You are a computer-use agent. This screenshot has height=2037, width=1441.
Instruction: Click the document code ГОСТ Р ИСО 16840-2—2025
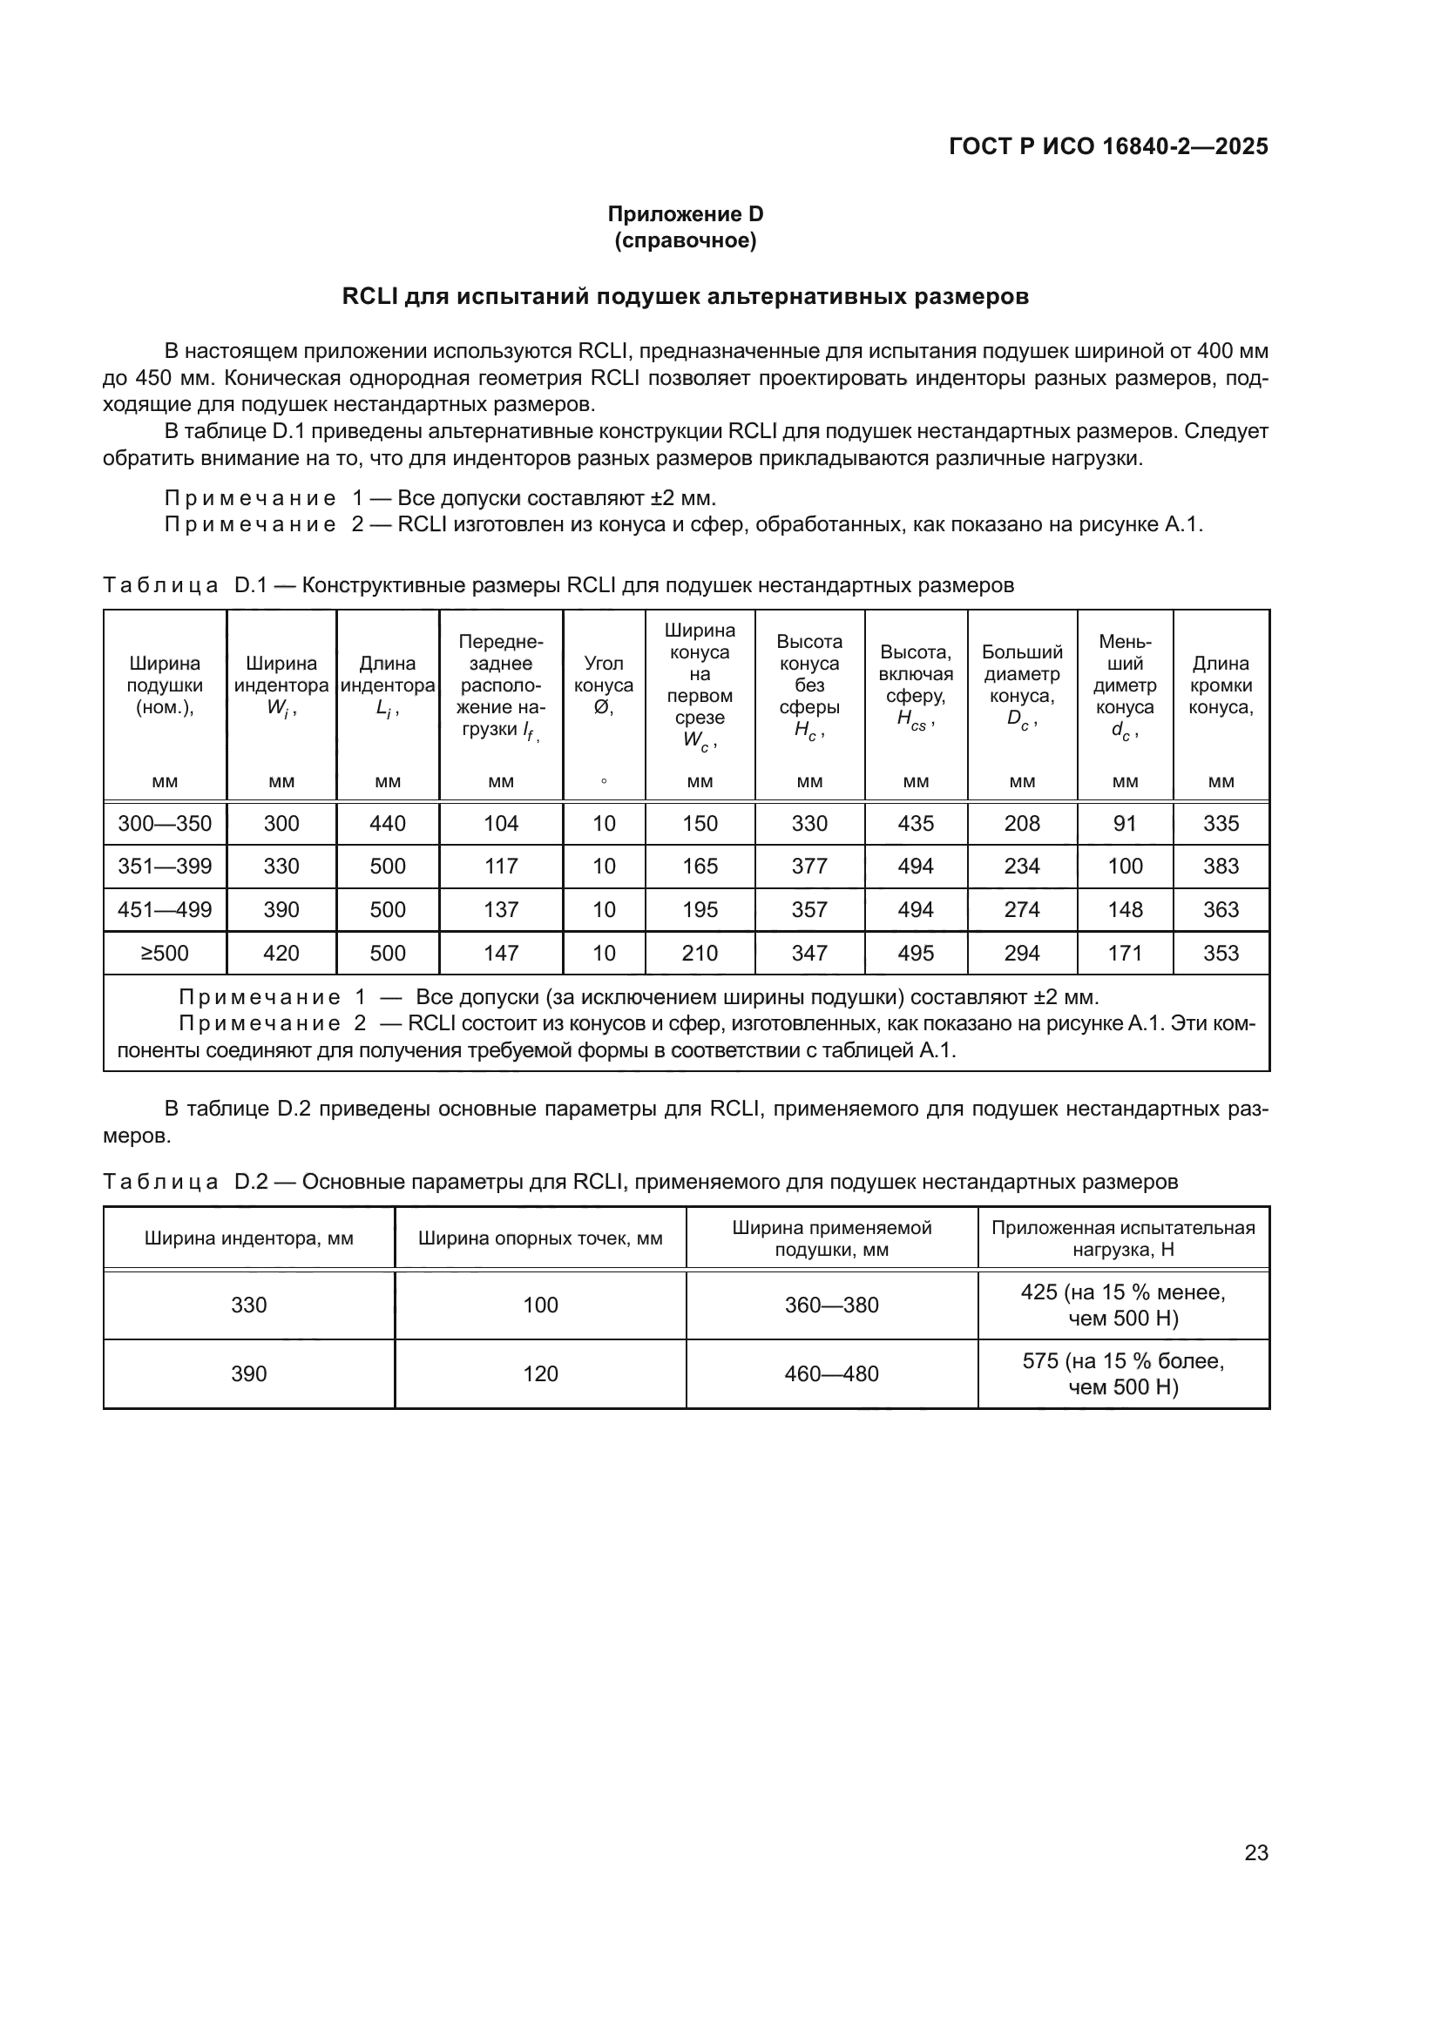[1108, 146]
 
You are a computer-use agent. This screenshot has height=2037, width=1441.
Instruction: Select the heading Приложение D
[685, 214]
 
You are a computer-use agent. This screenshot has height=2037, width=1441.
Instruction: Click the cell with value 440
[388, 823]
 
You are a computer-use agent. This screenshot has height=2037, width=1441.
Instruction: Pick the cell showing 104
[501, 823]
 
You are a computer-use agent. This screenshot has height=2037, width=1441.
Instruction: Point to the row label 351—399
[165, 866]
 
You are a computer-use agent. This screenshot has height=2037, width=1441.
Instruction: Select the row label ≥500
[165, 953]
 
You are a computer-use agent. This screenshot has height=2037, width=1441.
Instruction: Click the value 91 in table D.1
[1125, 823]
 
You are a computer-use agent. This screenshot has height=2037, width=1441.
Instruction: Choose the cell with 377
[809, 866]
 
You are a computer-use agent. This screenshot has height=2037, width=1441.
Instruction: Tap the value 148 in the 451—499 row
[1125, 909]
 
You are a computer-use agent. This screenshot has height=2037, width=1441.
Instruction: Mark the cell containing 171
[1125, 953]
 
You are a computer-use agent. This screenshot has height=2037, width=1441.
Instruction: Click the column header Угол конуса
[604, 685]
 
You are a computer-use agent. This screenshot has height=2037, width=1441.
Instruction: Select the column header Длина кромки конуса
[1221, 685]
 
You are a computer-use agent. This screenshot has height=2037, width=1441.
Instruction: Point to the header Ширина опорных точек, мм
[540, 1238]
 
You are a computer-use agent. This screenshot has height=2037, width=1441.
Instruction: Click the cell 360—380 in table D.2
[831, 1305]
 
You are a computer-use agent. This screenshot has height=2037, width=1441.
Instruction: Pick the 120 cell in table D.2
[540, 1373]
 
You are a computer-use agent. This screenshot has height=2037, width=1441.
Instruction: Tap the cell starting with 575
[1123, 1373]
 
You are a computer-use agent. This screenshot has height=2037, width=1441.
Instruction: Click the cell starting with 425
[1123, 1305]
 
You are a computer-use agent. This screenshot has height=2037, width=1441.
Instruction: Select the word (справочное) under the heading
[685, 240]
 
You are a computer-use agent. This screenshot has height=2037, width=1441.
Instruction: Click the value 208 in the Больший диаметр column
[1022, 823]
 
